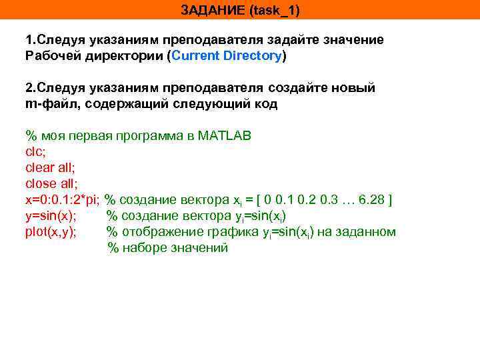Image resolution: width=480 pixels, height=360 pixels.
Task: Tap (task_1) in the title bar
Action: (x=272, y=11)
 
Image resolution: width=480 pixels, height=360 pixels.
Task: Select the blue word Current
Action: (x=199, y=56)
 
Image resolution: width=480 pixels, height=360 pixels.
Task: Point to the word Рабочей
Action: (x=51, y=56)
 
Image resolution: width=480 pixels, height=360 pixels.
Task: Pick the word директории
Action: (x=123, y=56)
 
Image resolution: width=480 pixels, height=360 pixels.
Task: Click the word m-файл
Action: (x=49, y=104)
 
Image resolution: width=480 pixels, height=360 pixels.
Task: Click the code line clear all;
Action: (x=49, y=167)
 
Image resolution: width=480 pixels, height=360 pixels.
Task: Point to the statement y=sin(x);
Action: (x=51, y=215)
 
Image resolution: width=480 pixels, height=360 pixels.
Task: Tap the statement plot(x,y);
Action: (x=51, y=231)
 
